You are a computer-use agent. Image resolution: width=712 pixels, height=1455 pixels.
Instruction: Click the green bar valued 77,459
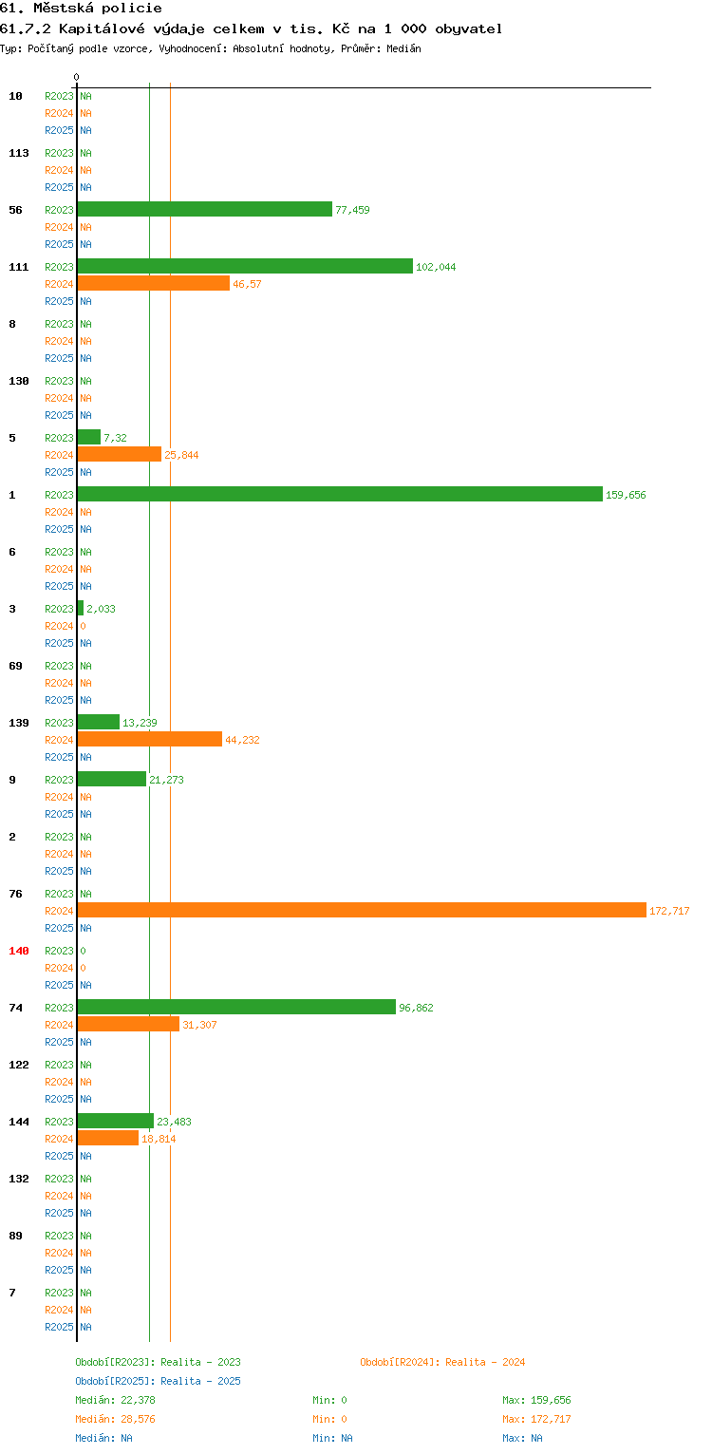(204, 209)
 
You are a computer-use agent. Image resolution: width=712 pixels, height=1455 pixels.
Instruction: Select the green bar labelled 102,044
(245, 266)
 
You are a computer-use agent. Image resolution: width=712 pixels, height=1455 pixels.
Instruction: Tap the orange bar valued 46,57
(153, 283)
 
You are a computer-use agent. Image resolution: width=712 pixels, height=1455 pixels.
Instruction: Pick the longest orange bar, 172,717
(362, 910)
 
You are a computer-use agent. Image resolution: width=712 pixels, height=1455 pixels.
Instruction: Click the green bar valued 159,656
(340, 494)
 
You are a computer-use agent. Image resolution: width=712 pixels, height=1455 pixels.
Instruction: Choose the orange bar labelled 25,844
(120, 454)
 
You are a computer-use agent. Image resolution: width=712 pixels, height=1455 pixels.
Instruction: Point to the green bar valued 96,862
(236, 1007)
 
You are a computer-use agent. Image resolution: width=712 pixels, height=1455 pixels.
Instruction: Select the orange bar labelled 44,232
(150, 739)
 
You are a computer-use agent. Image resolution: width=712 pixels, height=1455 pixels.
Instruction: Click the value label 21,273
(167, 780)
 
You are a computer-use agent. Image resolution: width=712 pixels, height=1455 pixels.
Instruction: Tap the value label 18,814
(159, 1139)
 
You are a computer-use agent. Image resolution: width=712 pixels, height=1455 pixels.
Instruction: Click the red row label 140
(19, 951)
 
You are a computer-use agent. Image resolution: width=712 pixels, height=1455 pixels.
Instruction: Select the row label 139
(19, 723)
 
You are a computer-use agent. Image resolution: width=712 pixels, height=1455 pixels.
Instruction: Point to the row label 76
(15, 893)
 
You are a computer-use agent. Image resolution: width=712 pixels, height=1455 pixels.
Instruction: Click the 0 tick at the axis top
(77, 77)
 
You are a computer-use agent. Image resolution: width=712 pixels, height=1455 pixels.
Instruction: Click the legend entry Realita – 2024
(485, 1362)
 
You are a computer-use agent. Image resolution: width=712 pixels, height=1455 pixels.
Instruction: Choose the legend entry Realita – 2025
(200, 1380)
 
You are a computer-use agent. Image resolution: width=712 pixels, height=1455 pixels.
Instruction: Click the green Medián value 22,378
(139, 1399)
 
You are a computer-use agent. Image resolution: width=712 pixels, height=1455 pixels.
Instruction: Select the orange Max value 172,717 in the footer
(551, 1419)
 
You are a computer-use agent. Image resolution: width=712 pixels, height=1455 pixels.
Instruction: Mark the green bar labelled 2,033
(81, 608)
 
